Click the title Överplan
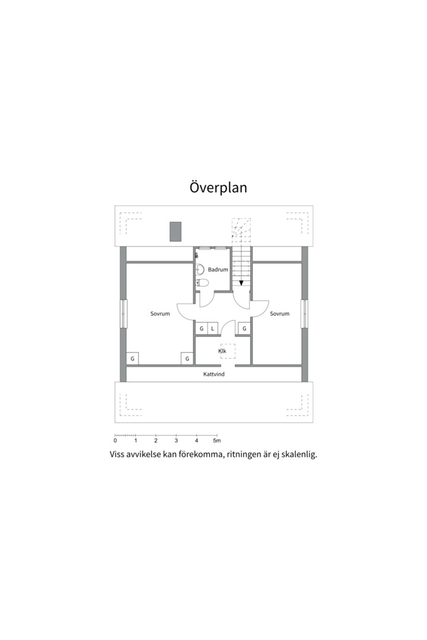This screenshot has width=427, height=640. click(218, 187)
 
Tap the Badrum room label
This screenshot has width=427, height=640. click(218, 270)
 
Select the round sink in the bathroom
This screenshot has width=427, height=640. click(200, 270)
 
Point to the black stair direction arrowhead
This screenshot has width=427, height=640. click(241, 283)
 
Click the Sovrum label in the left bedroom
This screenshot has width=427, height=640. click(160, 313)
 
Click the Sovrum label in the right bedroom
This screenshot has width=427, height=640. click(279, 313)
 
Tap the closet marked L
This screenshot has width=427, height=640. click(213, 328)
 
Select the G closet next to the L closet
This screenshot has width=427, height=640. click(202, 328)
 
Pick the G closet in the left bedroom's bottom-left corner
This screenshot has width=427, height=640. click(132, 359)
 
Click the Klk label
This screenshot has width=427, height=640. click(222, 351)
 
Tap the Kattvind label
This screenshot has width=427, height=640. click(213, 374)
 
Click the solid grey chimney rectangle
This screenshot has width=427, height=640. click(176, 232)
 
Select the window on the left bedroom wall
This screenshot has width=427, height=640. click(124, 313)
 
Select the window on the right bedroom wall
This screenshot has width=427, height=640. click(304, 313)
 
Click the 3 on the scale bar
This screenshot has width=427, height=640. click(176, 441)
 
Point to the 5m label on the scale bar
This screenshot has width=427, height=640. click(217, 441)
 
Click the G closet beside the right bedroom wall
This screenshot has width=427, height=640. click(244, 328)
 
